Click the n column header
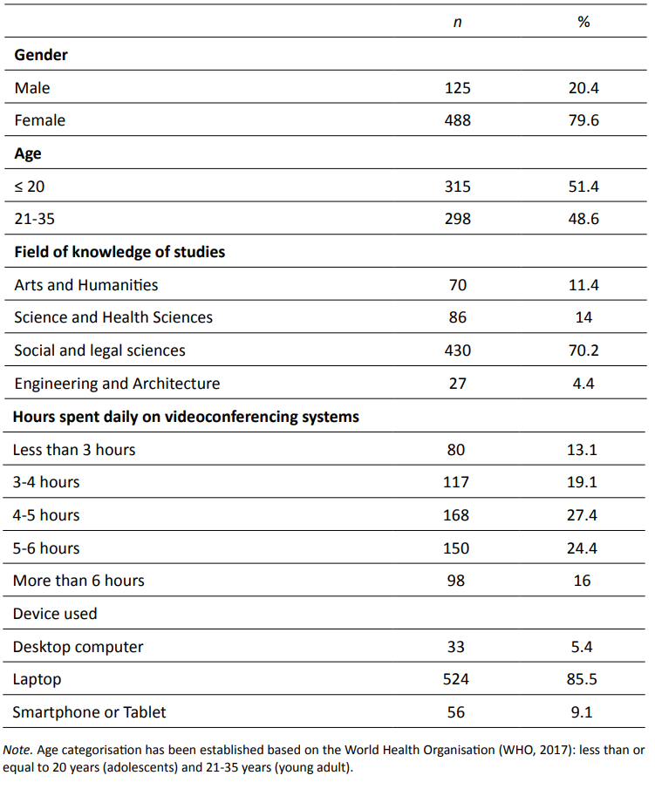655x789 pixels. point(457,22)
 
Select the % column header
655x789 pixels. point(583,22)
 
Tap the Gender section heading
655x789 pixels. point(41,55)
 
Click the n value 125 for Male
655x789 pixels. point(457,88)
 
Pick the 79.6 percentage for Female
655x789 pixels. point(583,120)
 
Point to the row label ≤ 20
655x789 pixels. point(30,187)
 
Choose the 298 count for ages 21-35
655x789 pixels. point(457,219)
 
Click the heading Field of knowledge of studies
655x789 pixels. point(119,252)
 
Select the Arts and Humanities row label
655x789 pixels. point(85,285)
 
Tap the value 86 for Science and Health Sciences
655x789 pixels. point(457,317)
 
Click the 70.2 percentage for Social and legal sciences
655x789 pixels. point(583,350)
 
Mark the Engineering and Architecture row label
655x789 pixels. point(117,384)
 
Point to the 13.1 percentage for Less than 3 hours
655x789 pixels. point(583,450)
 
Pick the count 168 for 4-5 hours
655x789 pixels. point(457,515)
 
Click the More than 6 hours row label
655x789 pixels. point(78,581)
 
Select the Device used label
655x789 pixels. point(55,614)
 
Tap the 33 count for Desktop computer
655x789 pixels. point(456,647)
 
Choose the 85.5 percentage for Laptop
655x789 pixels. point(583,679)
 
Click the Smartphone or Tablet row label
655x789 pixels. point(89,712)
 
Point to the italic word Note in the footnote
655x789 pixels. point(16,750)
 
